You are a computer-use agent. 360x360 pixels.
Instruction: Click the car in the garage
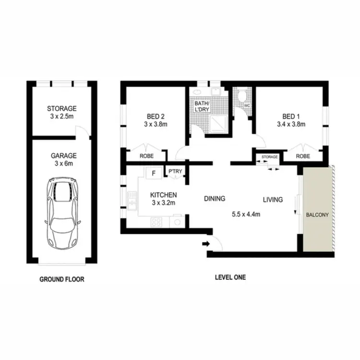pos(61,213)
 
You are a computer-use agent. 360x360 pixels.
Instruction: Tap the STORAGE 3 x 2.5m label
pos(61,112)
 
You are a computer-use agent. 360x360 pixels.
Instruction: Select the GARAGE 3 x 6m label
pos(61,159)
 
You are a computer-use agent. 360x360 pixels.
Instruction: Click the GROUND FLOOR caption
pos(61,279)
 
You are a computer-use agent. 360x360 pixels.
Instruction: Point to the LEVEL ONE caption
pos(229,277)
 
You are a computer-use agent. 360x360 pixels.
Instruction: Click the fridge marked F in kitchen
pos(154,173)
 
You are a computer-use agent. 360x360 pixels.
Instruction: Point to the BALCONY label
pos(317,215)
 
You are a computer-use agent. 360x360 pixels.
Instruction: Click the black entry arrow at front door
pos(206,244)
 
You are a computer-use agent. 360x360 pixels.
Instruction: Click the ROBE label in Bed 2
pos(146,156)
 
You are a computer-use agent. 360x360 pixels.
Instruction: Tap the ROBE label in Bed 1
pos(302,156)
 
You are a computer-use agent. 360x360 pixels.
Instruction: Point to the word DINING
pos(214,198)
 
